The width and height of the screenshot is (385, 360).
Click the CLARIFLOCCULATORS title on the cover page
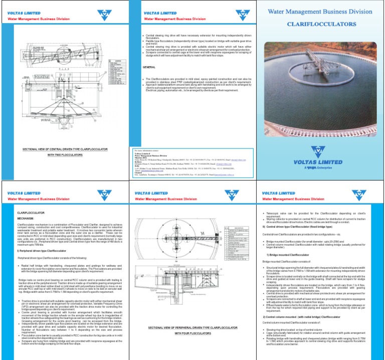(x=321, y=24)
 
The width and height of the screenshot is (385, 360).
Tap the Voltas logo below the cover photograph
(x=321, y=151)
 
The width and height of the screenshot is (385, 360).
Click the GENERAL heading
(x=149, y=67)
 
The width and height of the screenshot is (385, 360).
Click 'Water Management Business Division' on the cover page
(x=321, y=10)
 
